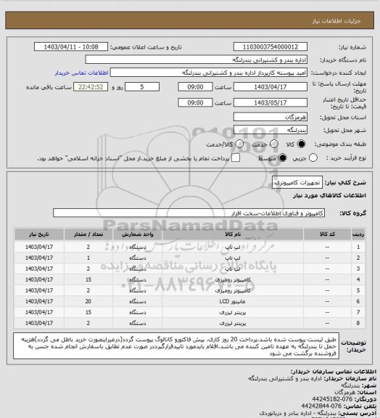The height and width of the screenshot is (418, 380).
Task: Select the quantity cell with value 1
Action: coord(88,257)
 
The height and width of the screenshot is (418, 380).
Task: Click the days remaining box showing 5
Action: coord(149,86)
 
